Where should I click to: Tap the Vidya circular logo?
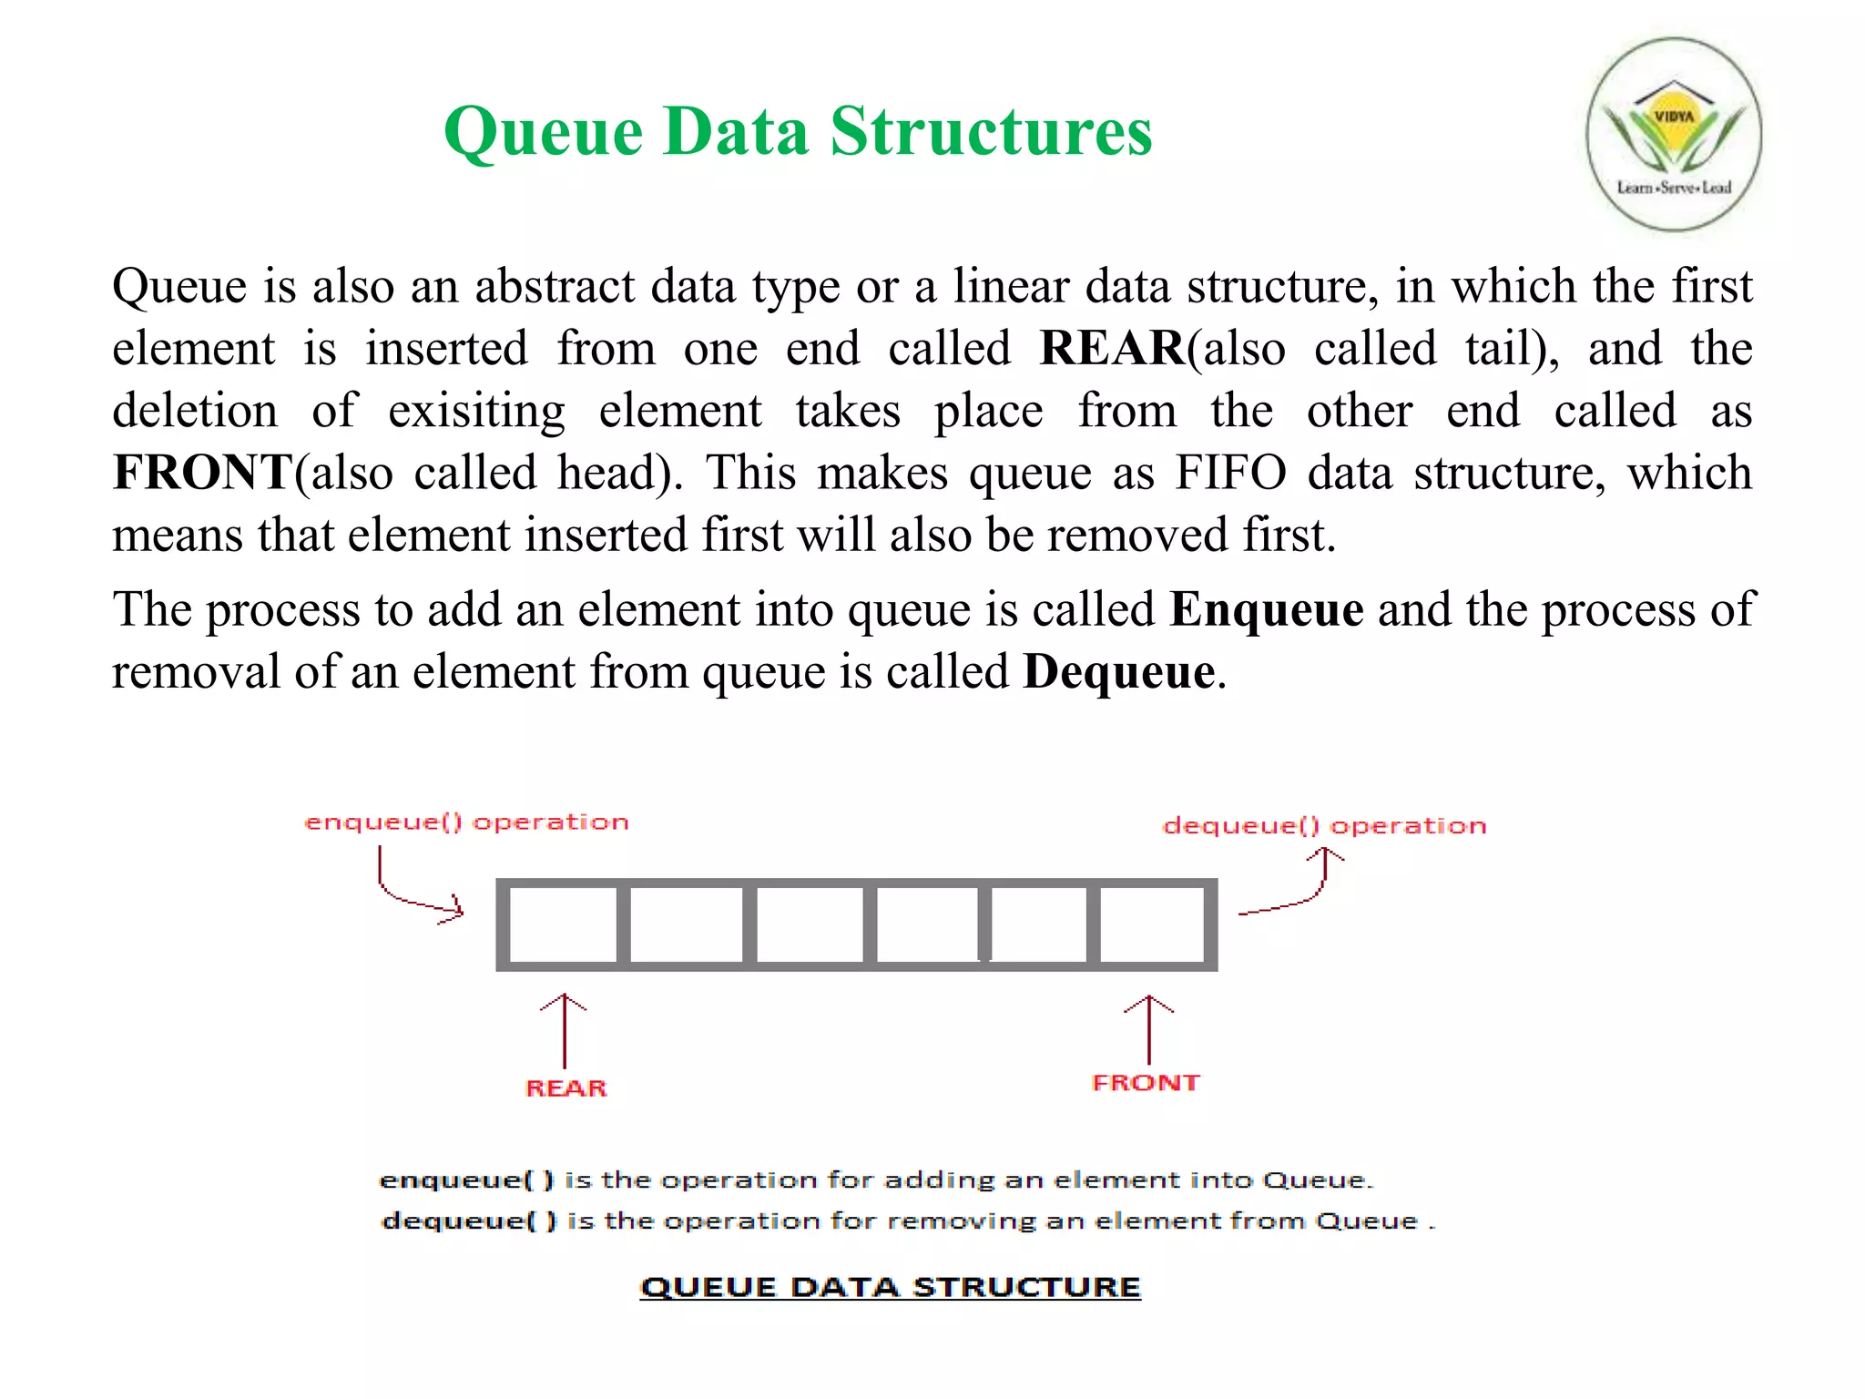coord(1674,135)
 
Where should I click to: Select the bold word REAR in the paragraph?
coord(1112,348)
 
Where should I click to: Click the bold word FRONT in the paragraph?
coord(201,472)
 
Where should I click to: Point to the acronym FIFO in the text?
coord(1230,472)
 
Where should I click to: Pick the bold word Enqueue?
coord(1267,608)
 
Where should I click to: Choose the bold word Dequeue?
coord(1119,671)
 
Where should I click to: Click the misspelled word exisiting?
coord(476,411)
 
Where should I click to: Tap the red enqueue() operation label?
coord(466,822)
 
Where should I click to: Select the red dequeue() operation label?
coord(1325,826)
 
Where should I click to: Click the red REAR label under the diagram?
coord(566,1088)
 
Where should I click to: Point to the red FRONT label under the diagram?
coord(1146,1083)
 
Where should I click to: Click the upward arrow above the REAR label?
coord(564,1029)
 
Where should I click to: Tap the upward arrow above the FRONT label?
coord(1148,1028)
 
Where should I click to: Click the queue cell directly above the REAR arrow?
coord(563,924)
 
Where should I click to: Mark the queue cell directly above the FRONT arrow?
coord(1152,924)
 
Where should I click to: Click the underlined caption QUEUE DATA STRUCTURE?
coord(890,1287)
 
